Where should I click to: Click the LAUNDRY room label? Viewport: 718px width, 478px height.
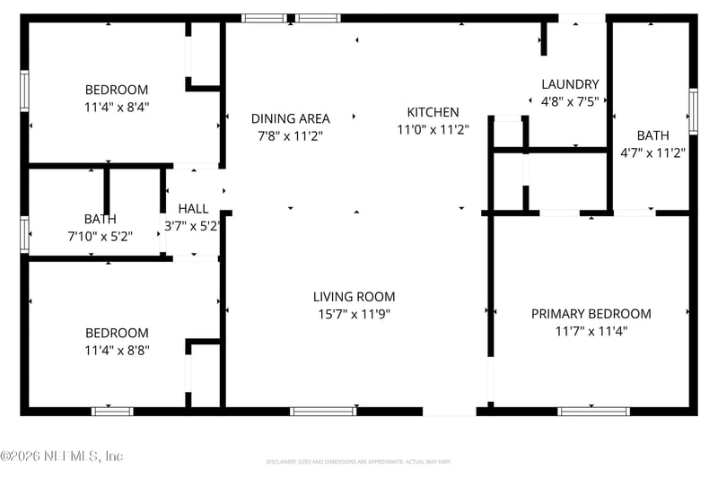click(x=570, y=84)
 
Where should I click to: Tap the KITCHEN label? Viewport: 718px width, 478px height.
click(x=433, y=112)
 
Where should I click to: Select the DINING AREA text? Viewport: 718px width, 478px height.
click(x=290, y=118)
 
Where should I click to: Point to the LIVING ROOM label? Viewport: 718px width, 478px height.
click(x=354, y=297)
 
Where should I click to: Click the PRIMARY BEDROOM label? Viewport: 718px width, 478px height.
click(x=591, y=314)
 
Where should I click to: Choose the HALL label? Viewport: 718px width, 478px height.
click(x=193, y=209)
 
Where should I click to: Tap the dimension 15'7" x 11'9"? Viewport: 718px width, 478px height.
click(x=354, y=314)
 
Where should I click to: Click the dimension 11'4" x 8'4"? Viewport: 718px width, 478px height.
click(x=117, y=106)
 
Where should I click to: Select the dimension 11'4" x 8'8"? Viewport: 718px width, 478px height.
click(x=117, y=350)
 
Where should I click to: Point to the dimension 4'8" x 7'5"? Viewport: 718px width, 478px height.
click(x=570, y=101)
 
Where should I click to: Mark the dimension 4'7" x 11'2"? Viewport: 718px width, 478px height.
click(x=653, y=152)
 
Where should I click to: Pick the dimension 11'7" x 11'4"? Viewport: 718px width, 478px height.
click(x=591, y=331)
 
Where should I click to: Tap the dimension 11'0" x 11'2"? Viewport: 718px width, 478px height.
click(x=433, y=129)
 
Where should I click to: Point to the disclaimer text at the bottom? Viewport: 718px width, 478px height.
click(x=359, y=462)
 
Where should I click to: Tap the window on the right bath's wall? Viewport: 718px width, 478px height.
click(x=693, y=111)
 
